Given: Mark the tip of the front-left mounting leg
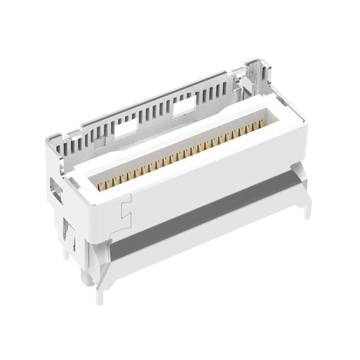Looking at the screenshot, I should click(x=100, y=284).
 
